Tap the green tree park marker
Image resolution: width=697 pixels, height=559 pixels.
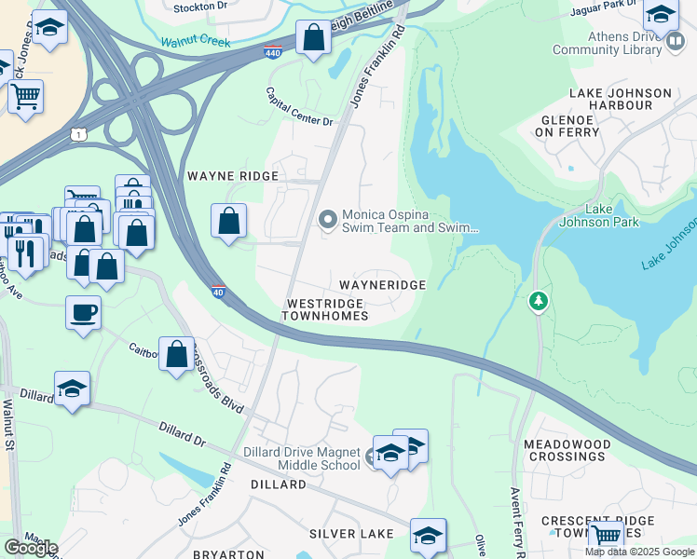coord(538,302)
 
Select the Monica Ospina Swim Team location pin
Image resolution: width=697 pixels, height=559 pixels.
coord(327,220)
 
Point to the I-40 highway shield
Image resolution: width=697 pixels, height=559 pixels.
coord(217,292)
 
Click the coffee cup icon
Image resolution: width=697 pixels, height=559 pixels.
coord(83,312)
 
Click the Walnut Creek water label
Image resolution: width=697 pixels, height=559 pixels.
coord(195,42)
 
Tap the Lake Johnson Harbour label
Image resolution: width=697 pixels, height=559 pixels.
coord(620,99)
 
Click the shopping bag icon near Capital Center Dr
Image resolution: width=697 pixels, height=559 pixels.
coord(314,39)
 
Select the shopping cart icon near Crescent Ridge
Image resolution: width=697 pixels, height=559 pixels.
coord(607,535)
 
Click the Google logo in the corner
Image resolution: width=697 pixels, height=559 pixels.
coord(31,548)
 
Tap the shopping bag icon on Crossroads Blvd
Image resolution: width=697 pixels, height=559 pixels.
coord(176,354)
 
